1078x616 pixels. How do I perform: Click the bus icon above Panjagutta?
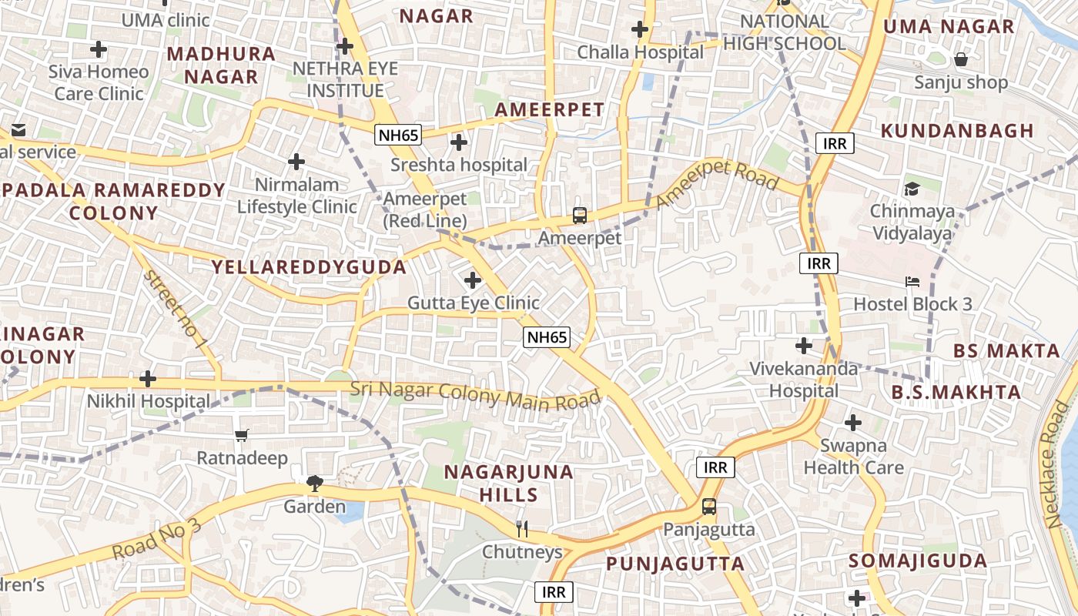708,507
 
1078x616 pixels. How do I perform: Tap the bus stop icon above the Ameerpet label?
580,216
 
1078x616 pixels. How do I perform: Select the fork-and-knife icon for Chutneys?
522,528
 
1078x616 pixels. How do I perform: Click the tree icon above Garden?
314,484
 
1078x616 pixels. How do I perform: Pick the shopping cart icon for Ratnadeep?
242,435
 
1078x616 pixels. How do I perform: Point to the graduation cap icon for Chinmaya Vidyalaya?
912,189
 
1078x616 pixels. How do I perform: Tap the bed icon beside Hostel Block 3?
912,282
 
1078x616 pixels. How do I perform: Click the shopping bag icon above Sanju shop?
961,59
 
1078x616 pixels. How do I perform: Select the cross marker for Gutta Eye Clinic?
473,280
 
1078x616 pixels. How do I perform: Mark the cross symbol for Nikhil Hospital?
147,379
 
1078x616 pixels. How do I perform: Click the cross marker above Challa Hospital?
640,30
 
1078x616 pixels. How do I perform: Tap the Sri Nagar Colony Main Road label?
475,395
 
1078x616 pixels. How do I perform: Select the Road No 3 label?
156,540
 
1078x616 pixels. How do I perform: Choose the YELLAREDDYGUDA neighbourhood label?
309,267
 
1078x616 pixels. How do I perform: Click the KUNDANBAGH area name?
957,131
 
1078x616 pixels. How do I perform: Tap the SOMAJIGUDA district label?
918,561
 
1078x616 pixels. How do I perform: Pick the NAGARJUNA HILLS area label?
509,483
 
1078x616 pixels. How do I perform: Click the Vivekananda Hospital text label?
805,380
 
